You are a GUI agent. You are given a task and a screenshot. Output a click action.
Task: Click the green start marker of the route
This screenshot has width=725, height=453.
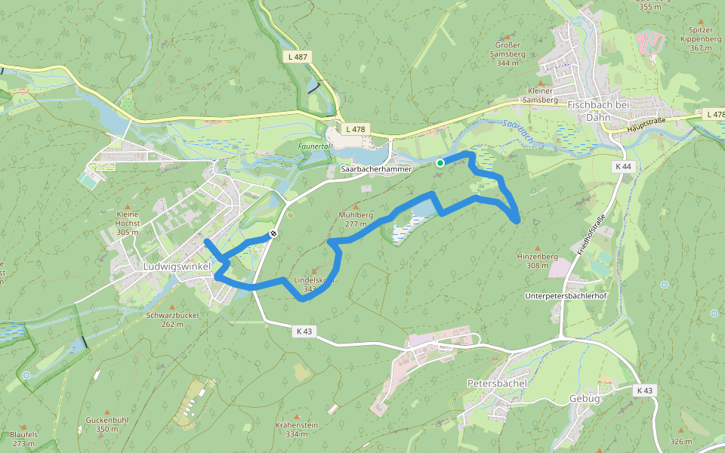point(440,162)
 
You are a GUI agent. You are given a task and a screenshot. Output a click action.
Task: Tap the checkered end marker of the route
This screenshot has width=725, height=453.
point(273,233)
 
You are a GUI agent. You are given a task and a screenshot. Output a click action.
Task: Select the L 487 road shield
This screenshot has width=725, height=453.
point(298,57)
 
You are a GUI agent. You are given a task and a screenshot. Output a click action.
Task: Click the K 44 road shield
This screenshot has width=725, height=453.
point(623,166)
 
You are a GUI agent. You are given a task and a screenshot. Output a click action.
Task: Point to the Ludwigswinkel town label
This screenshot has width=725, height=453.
point(177,267)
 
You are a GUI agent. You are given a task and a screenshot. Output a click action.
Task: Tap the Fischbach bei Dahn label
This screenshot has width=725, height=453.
point(597,112)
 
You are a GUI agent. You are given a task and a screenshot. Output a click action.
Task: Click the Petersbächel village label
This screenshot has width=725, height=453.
point(496,384)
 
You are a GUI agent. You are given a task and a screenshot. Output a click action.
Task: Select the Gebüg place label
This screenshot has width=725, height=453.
point(585,398)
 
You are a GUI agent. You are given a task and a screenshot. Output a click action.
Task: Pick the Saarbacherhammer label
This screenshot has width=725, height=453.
point(376,169)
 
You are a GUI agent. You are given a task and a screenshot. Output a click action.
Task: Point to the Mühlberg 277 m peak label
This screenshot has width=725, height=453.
point(355,219)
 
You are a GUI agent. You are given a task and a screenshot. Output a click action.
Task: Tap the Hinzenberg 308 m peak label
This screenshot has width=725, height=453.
point(537,260)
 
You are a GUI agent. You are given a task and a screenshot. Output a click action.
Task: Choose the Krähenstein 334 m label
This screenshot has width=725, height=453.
point(297,429)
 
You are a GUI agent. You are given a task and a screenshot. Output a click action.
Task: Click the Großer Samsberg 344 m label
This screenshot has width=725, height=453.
point(507,54)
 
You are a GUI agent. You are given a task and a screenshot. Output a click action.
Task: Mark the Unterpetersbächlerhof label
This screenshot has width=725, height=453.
point(566,296)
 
